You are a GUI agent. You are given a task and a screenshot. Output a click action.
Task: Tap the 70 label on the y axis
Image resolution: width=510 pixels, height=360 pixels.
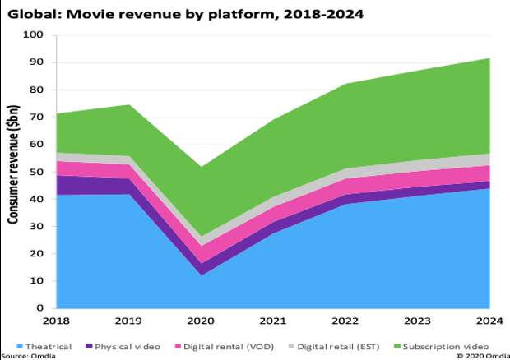(37, 118)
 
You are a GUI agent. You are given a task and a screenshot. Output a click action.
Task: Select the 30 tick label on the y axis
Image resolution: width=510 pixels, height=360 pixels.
(37, 227)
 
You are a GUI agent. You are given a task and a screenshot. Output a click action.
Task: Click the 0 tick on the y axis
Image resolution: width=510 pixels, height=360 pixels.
(41, 308)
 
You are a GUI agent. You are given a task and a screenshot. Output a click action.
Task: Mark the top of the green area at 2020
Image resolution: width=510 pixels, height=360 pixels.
(202, 167)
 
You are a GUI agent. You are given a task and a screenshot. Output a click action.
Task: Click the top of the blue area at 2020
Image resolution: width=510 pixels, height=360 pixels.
(202, 275)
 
